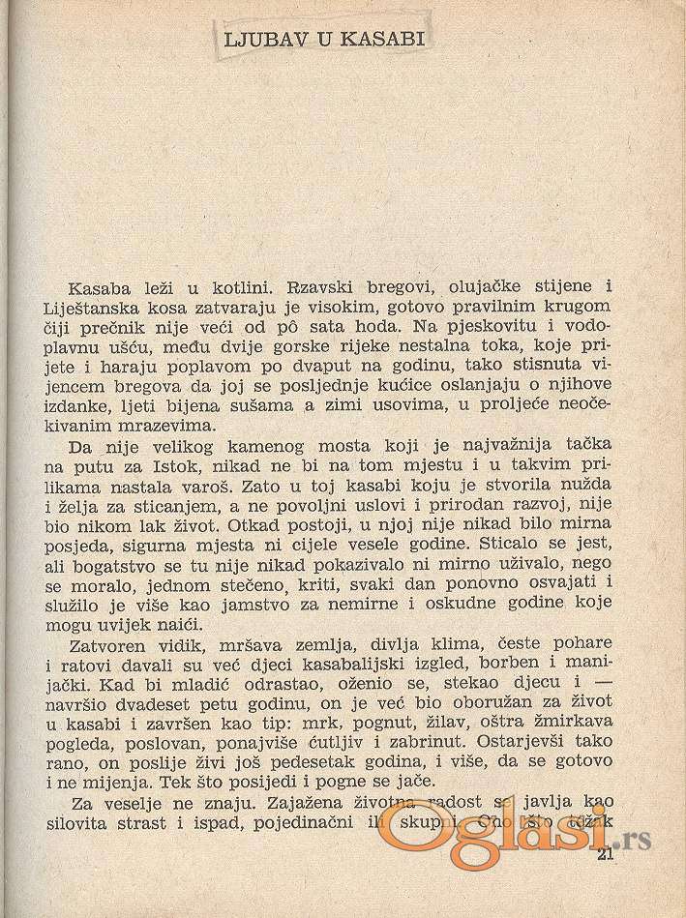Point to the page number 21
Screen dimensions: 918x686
(x=607, y=855)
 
